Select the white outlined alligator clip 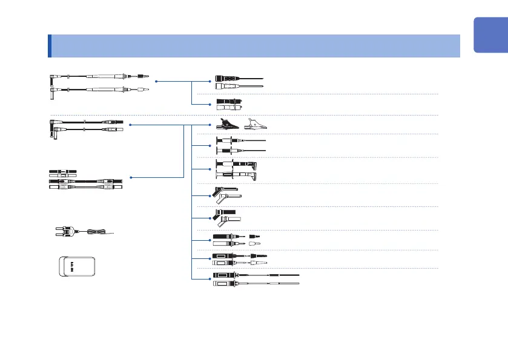click(x=255, y=126)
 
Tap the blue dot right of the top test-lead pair click(x=156, y=80)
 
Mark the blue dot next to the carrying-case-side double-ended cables click(x=130, y=178)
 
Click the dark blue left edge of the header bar click(x=49, y=45)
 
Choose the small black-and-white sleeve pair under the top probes click(x=229, y=103)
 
